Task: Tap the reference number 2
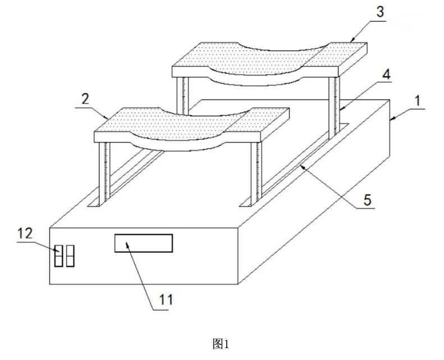click(x=85, y=99)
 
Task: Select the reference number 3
click(x=380, y=12)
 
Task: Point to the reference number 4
click(x=386, y=75)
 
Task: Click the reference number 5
click(x=367, y=200)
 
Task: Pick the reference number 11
click(x=166, y=299)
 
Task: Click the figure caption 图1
click(x=221, y=344)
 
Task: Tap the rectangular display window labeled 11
click(x=144, y=243)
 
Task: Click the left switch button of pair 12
click(x=58, y=256)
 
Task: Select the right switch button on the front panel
click(x=70, y=256)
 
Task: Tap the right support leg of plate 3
click(x=334, y=108)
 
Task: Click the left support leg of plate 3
click(x=182, y=95)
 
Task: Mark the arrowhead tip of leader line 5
click(x=301, y=166)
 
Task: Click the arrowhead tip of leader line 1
click(x=390, y=120)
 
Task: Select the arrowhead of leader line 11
click(x=126, y=243)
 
